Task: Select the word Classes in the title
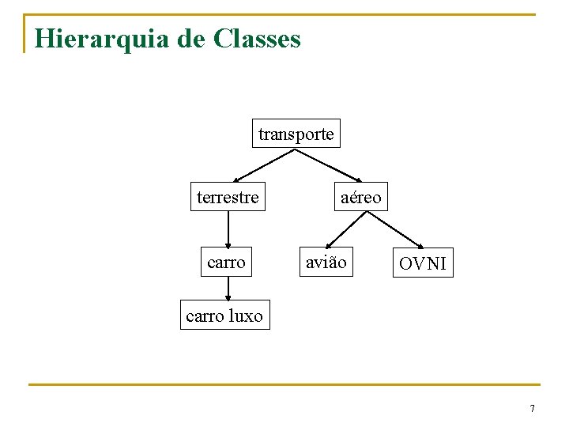click(257, 39)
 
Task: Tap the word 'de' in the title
click(190, 39)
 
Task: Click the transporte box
click(296, 134)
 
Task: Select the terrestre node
click(228, 197)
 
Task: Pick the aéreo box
click(360, 197)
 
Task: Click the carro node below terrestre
click(226, 262)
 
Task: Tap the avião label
click(326, 262)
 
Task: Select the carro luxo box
click(224, 316)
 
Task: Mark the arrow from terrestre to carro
click(228, 229)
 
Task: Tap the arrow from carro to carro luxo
click(228, 288)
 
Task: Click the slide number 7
click(532, 409)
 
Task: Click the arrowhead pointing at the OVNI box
click(421, 246)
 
